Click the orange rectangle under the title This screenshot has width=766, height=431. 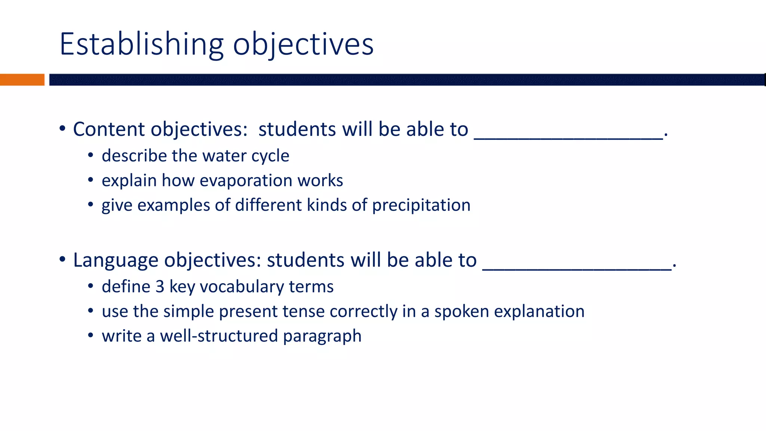pos(22,80)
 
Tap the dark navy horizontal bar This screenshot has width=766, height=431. pos(407,80)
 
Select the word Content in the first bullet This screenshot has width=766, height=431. pos(109,129)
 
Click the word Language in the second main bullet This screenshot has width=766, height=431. pos(116,260)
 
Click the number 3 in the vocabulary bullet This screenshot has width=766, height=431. pos(160,287)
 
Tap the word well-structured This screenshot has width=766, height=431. pos(219,336)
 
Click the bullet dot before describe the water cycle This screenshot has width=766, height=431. pos(91,155)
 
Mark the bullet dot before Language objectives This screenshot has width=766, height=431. pos(62,259)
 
